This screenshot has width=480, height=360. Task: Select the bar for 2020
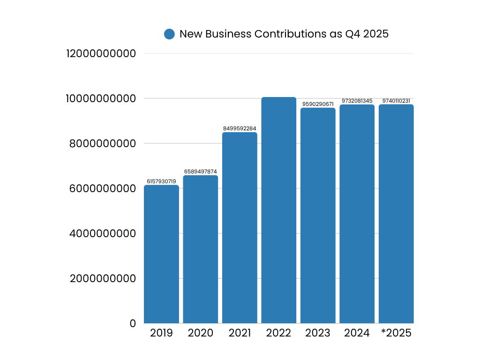click(x=201, y=249)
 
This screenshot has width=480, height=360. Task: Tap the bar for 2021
click(x=240, y=228)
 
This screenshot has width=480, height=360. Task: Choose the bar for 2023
click(x=318, y=216)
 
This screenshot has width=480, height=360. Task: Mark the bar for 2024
click(x=357, y=214)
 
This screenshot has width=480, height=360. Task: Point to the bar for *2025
click(x=396, y=214)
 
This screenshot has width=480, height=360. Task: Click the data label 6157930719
click(x=161, y=181)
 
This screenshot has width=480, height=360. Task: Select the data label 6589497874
click(x=201, y=172)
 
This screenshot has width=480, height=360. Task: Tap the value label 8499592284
click(x=240, y=128)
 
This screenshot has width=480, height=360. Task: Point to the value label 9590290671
click(x=318, y=104)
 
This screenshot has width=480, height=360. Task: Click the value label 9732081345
click(x=357, y=101)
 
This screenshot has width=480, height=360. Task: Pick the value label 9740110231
click(x=396, y=101)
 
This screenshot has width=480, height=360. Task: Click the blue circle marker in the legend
click(x=169, y=34)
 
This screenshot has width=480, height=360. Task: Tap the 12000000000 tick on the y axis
click(x=101, y=53)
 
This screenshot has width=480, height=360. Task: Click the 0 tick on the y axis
click(x=133, y=323)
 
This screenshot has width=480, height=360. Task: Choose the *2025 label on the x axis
click(x=396, y=333)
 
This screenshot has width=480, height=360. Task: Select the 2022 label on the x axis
click(x=279, y=333)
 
